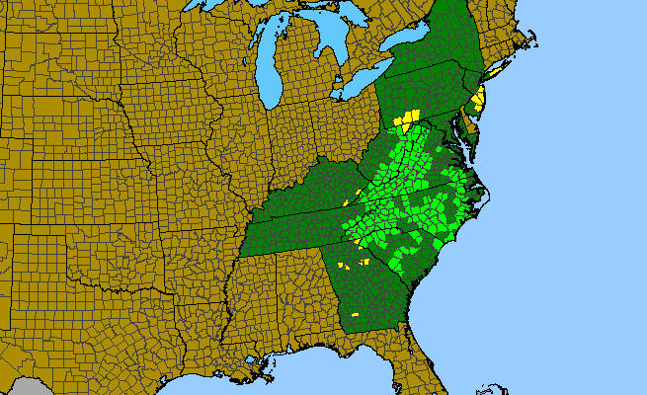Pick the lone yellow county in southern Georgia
(x=355, y=314)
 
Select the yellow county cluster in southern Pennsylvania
(x=405, y=119)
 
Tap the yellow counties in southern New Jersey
(x=481, y=99)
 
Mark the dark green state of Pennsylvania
(x=425, y=94)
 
